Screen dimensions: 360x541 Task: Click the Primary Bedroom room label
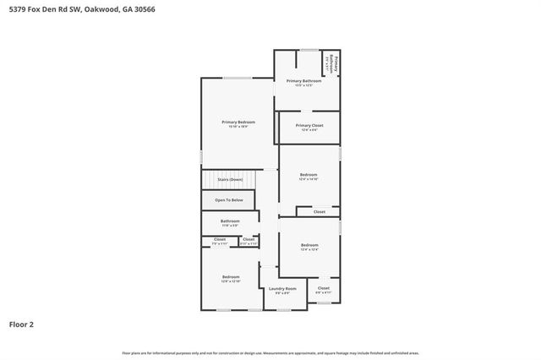(238, 122)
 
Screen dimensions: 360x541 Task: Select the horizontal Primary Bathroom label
(303, 81)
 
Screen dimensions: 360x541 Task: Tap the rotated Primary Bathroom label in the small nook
(336, 63)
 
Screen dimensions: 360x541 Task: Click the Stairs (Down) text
(230, 179)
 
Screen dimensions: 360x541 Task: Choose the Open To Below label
(228, 200)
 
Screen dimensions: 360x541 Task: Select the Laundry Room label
(282, 289)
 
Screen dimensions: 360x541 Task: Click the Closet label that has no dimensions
(320, 212)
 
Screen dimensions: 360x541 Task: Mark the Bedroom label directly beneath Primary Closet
(309, 175)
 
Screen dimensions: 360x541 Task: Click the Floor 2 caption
(22, 324)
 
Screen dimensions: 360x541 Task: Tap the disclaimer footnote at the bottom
(270, 352)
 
